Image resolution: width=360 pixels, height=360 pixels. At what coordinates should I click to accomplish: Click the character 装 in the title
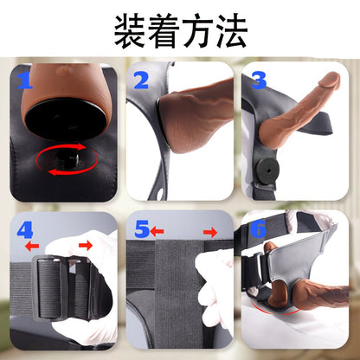click(x=131, y=30)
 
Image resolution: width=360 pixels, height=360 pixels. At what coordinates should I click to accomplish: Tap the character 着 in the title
click(x=164, y=30)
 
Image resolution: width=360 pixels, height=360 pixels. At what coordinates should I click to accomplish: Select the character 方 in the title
click(x=197, y=30)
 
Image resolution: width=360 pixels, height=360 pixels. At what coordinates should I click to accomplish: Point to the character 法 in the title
click(x=231, y=30)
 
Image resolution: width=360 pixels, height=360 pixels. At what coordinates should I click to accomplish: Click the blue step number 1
click(x=25, y=80)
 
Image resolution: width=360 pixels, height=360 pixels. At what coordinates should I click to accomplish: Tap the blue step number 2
click(x=141, y=80)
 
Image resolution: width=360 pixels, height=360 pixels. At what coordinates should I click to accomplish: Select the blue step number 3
click(x=259, y=80)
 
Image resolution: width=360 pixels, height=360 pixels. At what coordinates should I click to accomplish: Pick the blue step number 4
click(x=25, y=229)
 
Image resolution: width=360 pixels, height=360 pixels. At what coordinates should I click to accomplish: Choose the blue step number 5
click(x=142, y=229)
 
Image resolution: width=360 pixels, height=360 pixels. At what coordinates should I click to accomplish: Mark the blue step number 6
click(x=259, y=229)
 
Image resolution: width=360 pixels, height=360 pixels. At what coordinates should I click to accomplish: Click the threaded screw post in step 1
click(x=68, y=159)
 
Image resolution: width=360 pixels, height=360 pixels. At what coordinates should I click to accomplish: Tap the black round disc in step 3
click(x=268, y=170)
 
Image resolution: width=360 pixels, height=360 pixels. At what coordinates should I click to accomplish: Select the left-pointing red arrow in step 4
click(x=32, y=246)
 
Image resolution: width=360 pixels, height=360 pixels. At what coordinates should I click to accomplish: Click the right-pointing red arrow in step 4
click(x=86, y=246)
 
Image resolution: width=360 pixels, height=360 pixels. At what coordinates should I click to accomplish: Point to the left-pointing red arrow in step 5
click(x=157, y=231)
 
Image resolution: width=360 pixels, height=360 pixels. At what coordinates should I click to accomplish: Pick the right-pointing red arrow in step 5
click(x=210, y=232)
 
